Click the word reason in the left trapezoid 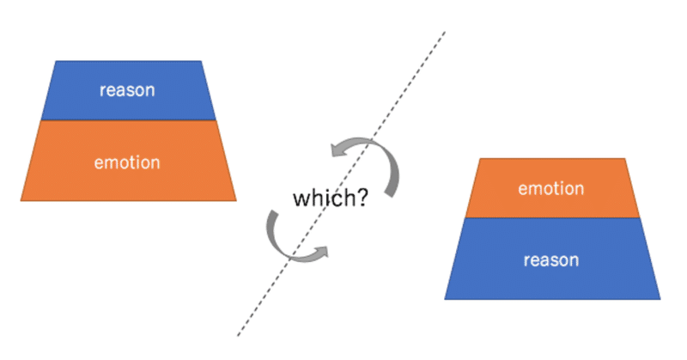[127, 90]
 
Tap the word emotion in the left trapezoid [127, 162]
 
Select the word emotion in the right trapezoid [551, 188]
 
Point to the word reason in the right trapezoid [551, 260]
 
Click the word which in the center [325, 198]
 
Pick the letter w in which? [301, 200]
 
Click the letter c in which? [338, 200]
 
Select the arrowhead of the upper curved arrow [337, 149]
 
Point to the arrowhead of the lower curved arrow [321, 252]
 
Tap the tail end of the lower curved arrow [273, 214]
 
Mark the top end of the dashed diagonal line [445, 32]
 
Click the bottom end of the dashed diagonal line [238, 336]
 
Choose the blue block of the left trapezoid [128, 90]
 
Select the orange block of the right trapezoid [552, 188]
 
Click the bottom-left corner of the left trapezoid [21, 201]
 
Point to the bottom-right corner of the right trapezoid [660, 300]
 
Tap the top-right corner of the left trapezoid [202, 61]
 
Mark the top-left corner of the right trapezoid [480, 159]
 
